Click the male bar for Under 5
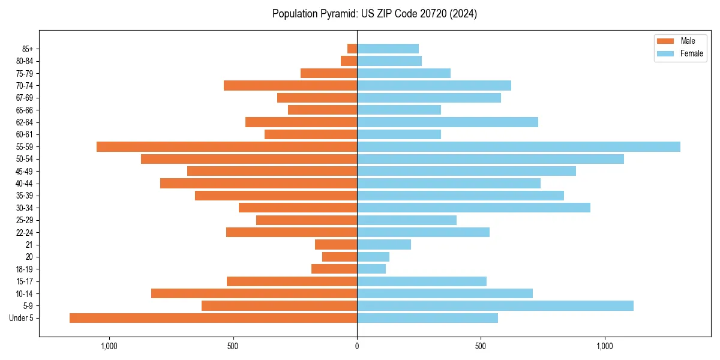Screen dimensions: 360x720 click(x=213, y=318)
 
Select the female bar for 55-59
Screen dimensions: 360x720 click(x=518, y=146)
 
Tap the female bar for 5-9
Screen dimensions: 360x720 click(x=495, y=305)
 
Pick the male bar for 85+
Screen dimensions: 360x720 click(x=352, y=49)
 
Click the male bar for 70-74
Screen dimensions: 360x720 click(x=290, y=85)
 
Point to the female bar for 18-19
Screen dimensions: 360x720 click(x=371, y=269)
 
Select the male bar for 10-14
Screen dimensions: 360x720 click(x=254, y=293)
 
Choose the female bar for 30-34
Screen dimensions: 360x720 click(x=473, y=208)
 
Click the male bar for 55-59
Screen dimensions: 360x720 click(x=227, y=146)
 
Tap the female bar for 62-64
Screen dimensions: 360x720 click(x=448, y=122)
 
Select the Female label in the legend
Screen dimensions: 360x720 click(x=691, y=53)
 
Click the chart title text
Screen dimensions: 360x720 click(x=374, y=14)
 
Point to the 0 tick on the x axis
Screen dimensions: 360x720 click(x=357, y=346)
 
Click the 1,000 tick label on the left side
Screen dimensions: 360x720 click(x=109, y=346)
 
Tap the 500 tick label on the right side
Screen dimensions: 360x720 click(x=481, y=346)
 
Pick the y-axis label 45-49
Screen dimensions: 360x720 click(x=25, y=171)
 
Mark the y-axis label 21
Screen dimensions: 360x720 click(x=29, y=244)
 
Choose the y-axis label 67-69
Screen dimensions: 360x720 click(x=25, y=98)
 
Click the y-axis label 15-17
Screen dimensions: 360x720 click(x=25, y=281)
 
